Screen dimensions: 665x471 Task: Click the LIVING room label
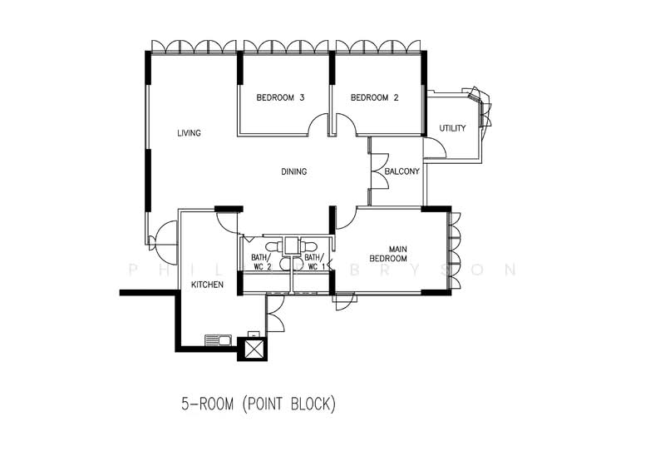pyautogui.click(x=189, y=133)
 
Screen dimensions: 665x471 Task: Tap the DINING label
pyautogui.click(x=294, y=171)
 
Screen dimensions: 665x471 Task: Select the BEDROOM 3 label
pyautogui.click(x=280, y=97)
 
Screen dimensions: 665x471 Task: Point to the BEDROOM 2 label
pyautogui.click(x=375, y=97)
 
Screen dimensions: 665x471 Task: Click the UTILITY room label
pyautogui.click(x=452, y=128)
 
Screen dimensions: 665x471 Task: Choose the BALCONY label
pyautogui.click(x=401, y=171)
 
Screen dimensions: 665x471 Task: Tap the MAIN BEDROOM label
pyautogui.click(x=388, y=254)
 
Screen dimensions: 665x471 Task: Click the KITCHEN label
pyautogui.click(x=207, y=285)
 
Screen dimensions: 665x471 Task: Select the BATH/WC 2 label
pyautogui.click(x=261, y=262)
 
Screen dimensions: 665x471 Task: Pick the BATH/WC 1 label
pyautogui.click(x=315, y=262)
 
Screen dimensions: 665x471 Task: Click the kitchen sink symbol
pyautogui.click(x=218, y=340)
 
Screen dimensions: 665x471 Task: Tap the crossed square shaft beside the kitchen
pyautogui.click(x=253, y=349)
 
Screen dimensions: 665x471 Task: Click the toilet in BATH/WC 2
pyautogui.click(x=273, y=246)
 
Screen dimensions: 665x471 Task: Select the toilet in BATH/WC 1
pyautogui.click(x=308, y=246)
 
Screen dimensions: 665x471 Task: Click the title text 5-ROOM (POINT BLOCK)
pyautogui.click(x=259, y=404)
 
